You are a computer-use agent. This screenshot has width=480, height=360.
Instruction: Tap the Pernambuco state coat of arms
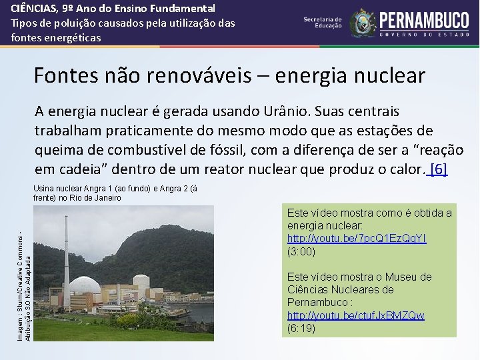point(363,23)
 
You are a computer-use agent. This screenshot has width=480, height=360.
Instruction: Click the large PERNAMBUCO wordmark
point(424,18)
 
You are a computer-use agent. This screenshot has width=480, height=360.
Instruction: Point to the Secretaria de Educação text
point(322,23)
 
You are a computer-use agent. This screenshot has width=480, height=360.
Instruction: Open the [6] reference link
point(439,168)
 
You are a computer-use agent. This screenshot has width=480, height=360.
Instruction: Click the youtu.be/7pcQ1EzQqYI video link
point(357,239)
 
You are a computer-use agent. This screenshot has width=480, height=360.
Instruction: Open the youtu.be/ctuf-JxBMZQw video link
point(355,315)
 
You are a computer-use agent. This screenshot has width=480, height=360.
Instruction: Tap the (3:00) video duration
point(301,251)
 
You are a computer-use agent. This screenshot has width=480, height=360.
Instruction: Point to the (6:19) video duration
point(301,328)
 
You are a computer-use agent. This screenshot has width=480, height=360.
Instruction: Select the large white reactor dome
point(85,285)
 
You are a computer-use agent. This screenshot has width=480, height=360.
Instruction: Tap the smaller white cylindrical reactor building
point(141,281)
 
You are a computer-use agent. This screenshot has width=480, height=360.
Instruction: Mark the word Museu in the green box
point(413,277)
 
